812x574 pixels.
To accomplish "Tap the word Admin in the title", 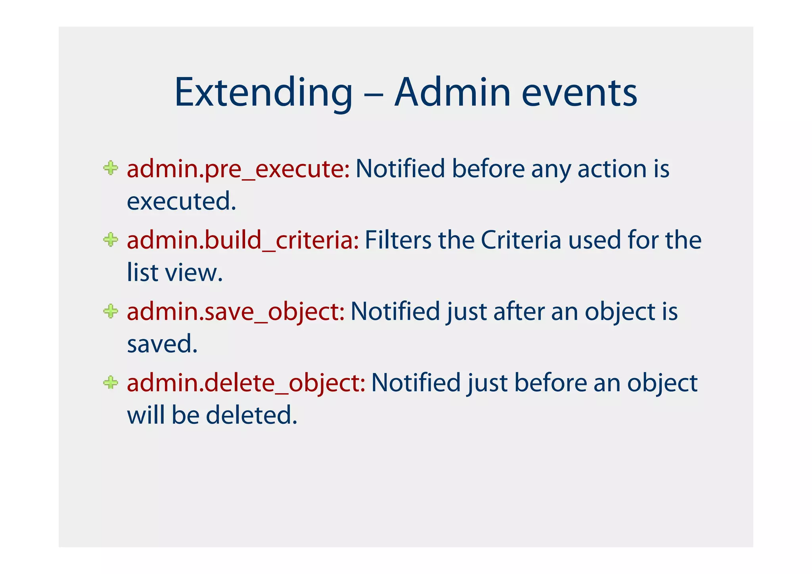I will click(452, 93).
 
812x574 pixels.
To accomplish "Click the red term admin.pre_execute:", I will click(238, 169).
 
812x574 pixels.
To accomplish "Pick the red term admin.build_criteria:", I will click(243, 240).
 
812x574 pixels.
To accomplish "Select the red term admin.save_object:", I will click(236, 312).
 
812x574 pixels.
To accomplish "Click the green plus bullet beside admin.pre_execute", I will click(111, 168).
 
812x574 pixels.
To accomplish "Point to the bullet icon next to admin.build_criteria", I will click(111, 239).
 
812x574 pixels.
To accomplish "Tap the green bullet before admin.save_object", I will click(111, 311).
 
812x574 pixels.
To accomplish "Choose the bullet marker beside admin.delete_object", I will click(111, 382).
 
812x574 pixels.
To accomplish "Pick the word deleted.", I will click(251, 415).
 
